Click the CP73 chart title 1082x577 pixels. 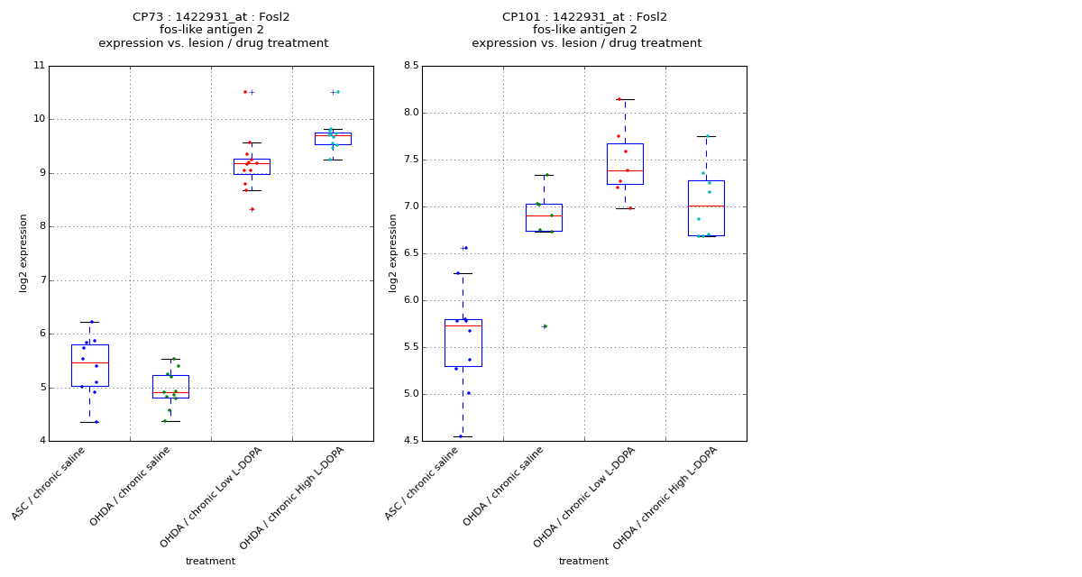click(x=213, y=30)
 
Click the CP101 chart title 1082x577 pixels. click(x=586, y=30)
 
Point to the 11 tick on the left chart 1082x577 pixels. click(x=39, y=66)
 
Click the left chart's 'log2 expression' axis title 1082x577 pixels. click(x=24, y=253)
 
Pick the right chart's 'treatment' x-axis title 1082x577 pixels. click(x=583, y=562)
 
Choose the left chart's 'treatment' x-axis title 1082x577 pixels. click(x=210, y=562)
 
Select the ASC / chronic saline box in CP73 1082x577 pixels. click(x=89, y=365)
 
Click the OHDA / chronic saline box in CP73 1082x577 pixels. click(x=170, y=386)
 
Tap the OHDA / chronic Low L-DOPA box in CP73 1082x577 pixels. click(x=252, y=167)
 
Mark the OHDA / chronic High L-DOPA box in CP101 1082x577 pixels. click(x=706, y=207)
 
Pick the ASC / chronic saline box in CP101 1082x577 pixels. click(x=463, y=343)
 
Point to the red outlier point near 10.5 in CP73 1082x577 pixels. click(x=244, y=92)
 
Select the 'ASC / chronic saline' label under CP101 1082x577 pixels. click(x=422, y=483)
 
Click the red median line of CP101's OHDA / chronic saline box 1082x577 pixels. click(x=544, y=216)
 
